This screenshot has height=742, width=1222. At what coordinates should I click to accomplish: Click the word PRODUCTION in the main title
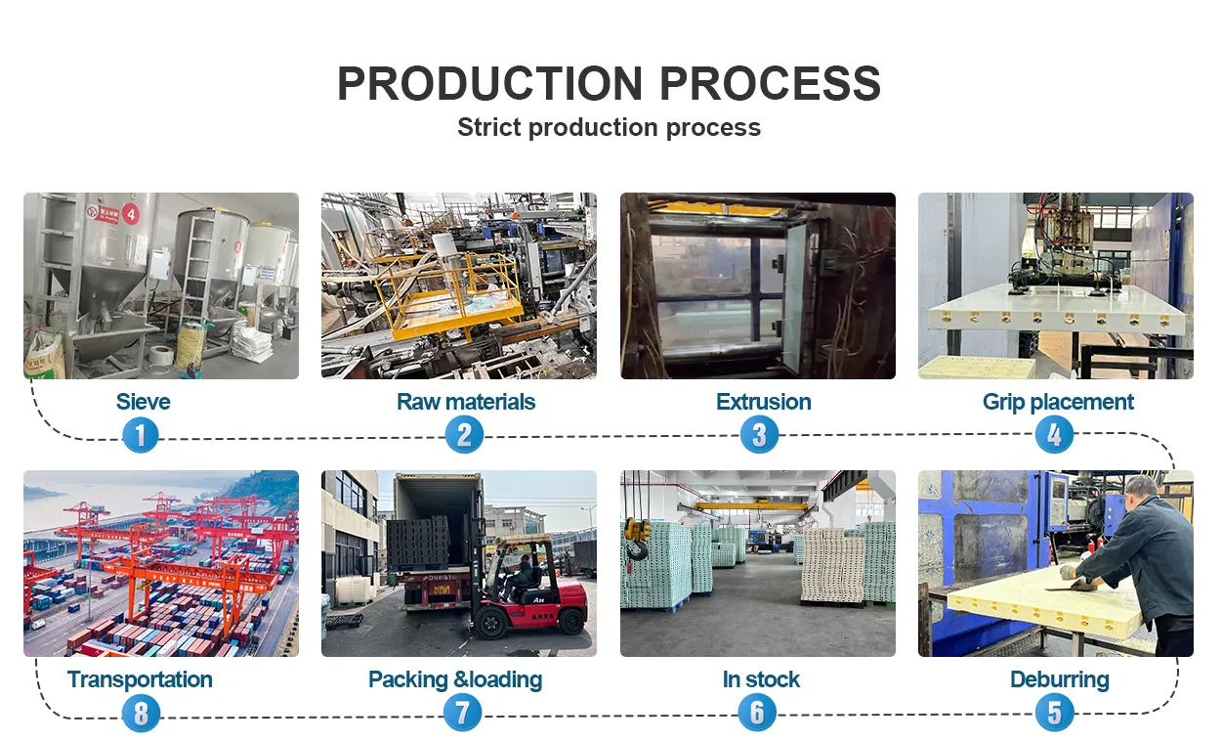coord(490,83)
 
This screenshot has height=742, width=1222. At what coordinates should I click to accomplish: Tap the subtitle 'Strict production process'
coord(609,128)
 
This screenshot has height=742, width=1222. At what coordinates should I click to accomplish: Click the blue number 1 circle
coord(141,435)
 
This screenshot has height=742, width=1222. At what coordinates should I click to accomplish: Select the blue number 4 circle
coord(1054,435)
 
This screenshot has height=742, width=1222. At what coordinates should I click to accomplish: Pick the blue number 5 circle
coord(1054,713)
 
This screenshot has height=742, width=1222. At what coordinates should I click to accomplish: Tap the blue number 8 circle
coord(141,713)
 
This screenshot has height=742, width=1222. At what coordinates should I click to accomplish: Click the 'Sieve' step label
coord(143,402)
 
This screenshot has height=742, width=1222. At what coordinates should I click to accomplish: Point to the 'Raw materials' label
coord(466,402)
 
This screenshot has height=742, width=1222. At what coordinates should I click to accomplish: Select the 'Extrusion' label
coord(763,402)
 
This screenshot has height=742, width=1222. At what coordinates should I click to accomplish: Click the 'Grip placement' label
coord(1058,403)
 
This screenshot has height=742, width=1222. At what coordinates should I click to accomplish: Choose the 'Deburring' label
coord(1060,680)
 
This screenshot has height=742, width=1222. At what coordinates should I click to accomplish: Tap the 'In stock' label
coord(761,679)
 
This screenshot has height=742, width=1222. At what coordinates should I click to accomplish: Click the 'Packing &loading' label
coord(455,680)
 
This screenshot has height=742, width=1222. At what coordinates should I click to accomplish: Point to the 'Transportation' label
coord(140,679)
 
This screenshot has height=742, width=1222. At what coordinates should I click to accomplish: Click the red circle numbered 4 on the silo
coord(130,214)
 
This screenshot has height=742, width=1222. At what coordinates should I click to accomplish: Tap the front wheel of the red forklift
coord(490,623)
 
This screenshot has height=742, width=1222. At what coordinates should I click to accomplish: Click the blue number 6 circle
coord(757,713)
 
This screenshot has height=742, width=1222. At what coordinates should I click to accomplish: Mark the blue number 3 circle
coord(759,435)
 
